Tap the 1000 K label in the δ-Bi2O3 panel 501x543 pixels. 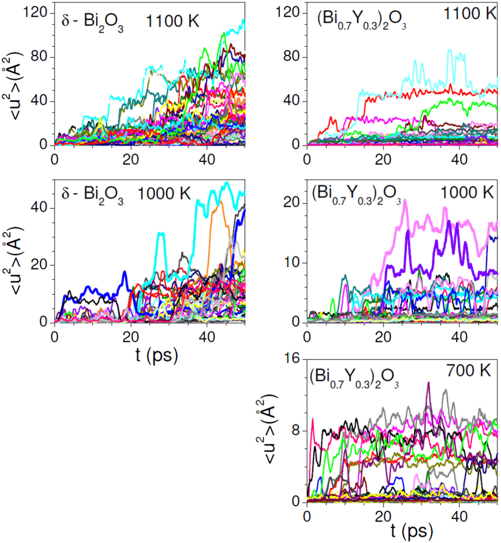[164, 194]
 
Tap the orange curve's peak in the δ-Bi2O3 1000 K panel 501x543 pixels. [222, 202]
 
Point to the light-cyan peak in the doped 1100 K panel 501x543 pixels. [450, 51]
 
